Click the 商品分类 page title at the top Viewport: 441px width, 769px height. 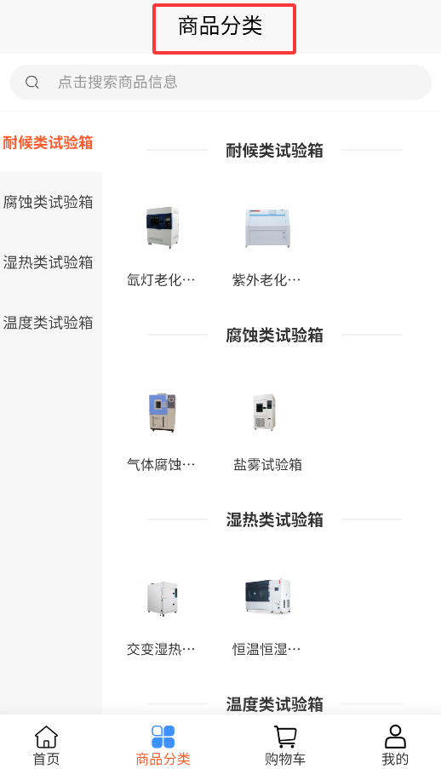220,26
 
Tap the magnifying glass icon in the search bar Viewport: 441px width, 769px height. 32,82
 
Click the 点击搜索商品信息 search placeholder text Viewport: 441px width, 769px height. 117,82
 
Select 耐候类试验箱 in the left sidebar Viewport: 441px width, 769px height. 48,143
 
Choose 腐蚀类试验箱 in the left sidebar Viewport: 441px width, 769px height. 48,202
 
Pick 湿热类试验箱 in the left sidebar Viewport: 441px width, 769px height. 48,262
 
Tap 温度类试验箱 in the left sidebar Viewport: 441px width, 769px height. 48,323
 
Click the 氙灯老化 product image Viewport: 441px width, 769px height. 163,227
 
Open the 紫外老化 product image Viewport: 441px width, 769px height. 267,228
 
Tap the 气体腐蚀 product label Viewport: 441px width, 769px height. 161,464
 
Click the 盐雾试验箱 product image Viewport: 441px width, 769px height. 265,412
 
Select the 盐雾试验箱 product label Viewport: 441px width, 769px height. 268,464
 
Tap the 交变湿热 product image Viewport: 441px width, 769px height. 163,598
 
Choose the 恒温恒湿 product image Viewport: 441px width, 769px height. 268,596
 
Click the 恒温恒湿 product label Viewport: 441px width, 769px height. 266,649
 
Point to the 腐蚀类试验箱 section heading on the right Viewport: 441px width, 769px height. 275,336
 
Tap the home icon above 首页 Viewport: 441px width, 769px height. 46,737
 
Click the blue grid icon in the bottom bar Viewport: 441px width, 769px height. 163,737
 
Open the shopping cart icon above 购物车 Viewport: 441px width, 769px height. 285,737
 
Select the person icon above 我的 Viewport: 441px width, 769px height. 395,737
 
